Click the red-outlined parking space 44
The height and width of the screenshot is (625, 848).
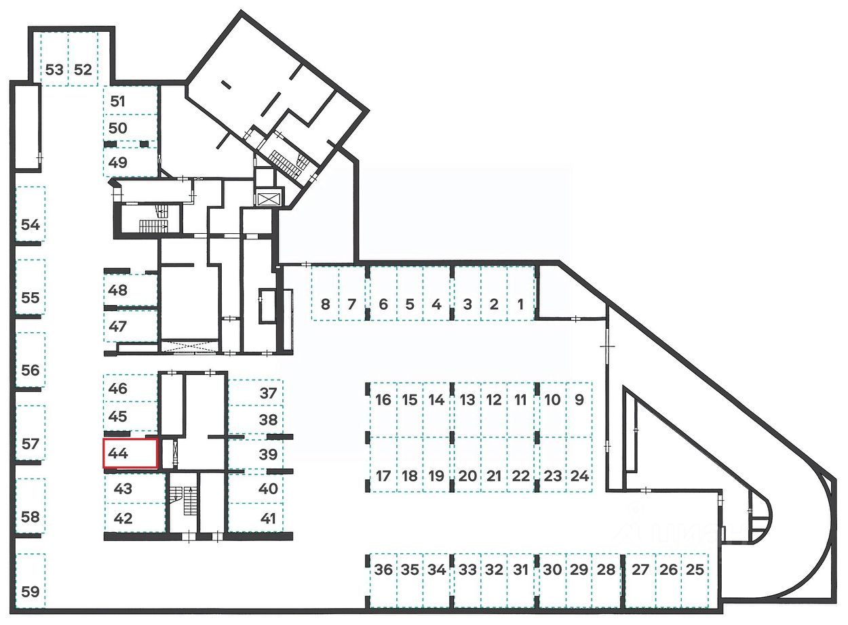pos(130,453)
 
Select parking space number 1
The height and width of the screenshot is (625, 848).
pos(520,293)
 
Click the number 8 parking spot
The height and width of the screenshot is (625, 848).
pos(325,293)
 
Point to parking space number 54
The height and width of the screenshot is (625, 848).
pos(30,215)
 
